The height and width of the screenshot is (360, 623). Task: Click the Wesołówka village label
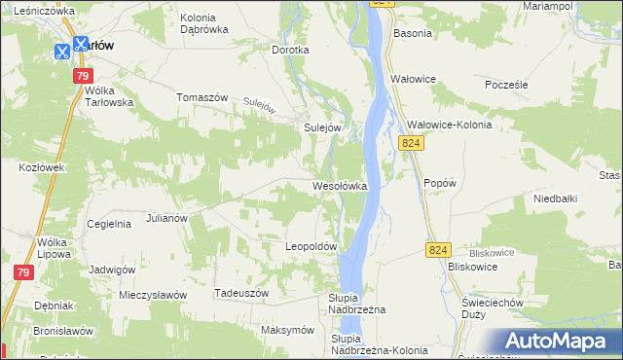click(339, 185)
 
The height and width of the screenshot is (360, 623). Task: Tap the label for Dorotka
click(290, 50)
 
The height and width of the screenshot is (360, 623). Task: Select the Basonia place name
click(412, 33)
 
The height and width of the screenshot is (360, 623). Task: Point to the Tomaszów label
click(202, 97)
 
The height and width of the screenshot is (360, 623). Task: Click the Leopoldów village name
click(311, 247)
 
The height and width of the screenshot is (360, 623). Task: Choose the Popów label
click(440, 182)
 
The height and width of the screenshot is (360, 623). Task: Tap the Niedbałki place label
click(556, 198)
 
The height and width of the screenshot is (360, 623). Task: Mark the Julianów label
click(166, 218)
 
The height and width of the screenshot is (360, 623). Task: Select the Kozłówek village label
click(41, 167)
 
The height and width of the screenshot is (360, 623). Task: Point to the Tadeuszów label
click(239, 292)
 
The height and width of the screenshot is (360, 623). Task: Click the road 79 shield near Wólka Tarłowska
click(83, 77)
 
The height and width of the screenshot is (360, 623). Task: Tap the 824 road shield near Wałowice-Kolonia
click(411, 143)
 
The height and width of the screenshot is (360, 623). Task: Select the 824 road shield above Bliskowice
click(437, 251)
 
